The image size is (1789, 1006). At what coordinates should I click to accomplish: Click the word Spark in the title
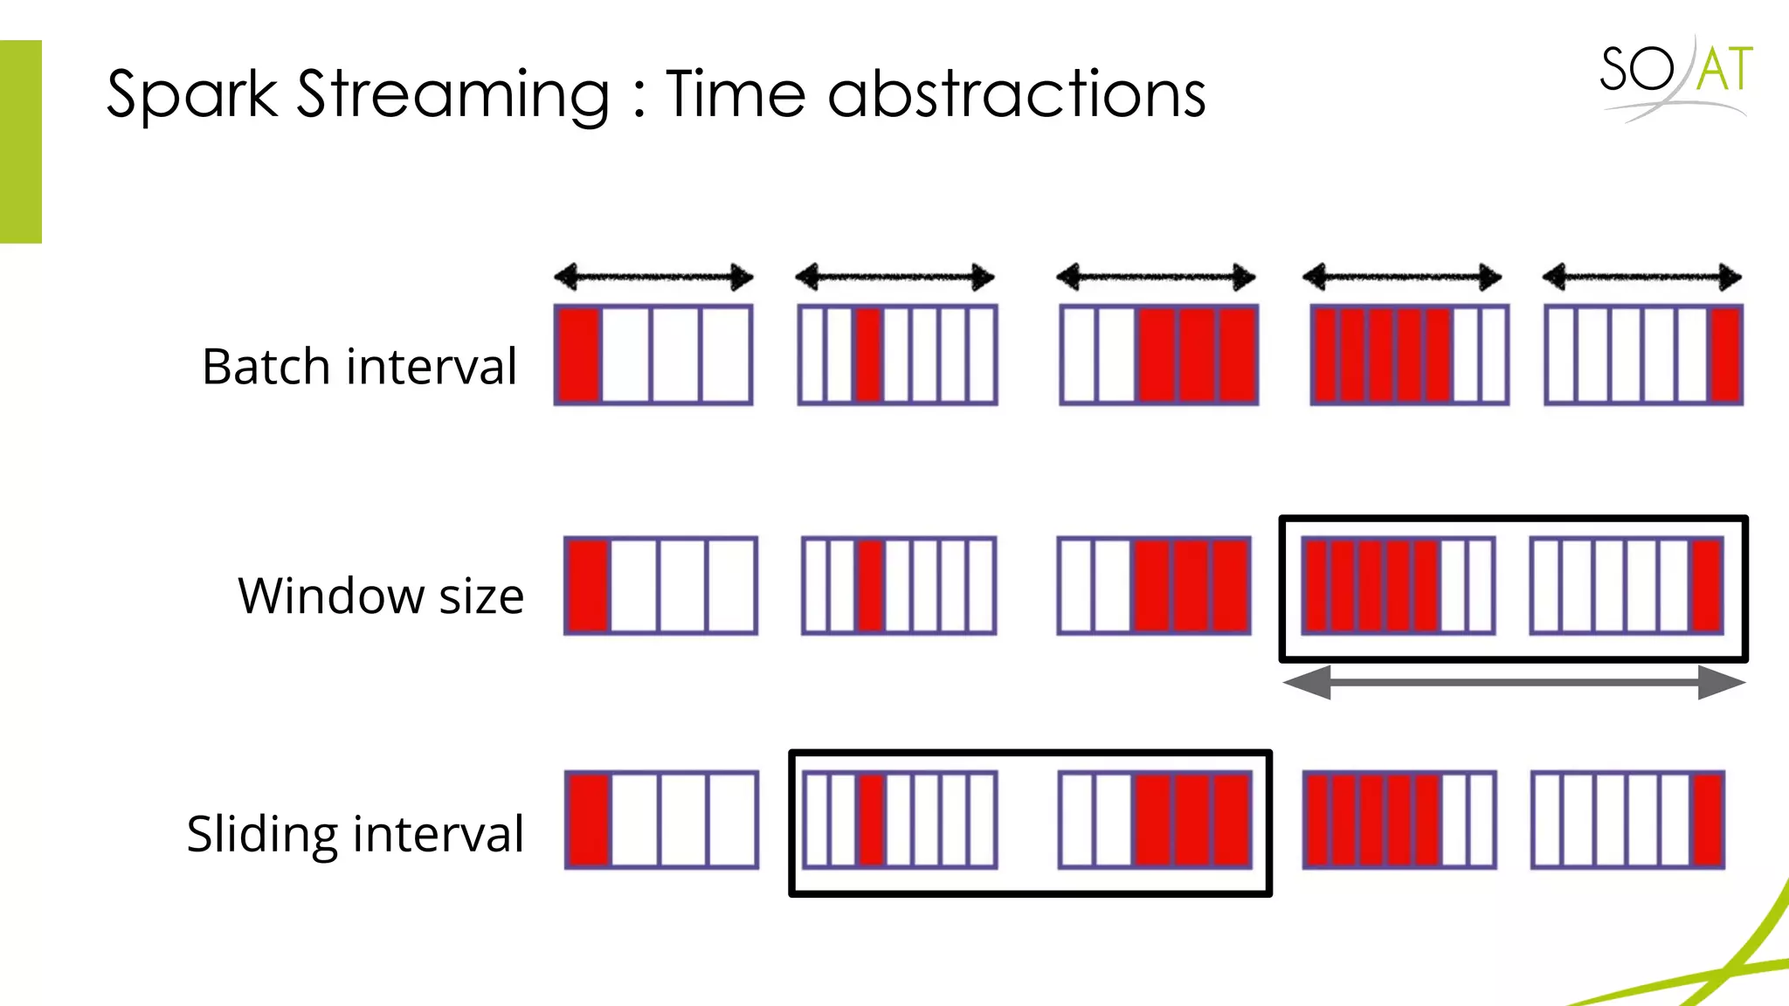click(x=191, y=94)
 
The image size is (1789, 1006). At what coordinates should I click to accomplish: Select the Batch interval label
click(x=359, y=366)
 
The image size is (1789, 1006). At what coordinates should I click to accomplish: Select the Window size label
click(x=381, y=596)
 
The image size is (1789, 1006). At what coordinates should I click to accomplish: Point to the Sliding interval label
click(x=355, y=833)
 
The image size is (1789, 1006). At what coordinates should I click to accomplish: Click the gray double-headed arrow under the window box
click(x=1513, y=682)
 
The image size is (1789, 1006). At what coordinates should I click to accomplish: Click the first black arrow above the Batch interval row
click(x=653, y=278)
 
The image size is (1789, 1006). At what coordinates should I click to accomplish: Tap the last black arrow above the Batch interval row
click(x=1641, y=278)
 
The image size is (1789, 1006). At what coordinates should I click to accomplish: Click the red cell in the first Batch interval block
click(x=578, y=355)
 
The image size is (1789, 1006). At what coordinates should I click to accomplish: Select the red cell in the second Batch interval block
click(x=868, y=355)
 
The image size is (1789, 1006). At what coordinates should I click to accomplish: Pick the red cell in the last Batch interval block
click(x=1725, y=355)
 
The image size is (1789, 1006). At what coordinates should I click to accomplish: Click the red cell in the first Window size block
click(x=588, y=585)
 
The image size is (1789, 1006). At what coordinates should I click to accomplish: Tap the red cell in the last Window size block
click(x=1707, y=585)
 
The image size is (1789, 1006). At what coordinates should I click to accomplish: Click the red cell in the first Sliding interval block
click(x=589, y=819)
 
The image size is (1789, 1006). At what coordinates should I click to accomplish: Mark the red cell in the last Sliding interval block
click(x=1709, y=819)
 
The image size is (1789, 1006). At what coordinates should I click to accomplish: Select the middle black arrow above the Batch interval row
click(x=1156, y=278)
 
